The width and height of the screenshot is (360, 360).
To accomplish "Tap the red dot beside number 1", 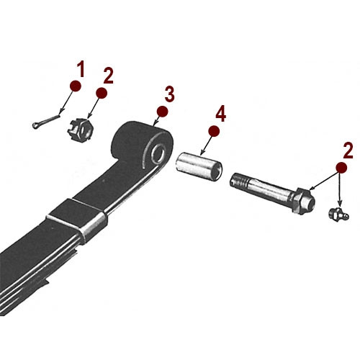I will [x=74, y=86].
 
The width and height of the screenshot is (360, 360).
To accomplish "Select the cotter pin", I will [x=50, y=119].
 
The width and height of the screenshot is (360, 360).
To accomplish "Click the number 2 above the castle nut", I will [x=109, y=76].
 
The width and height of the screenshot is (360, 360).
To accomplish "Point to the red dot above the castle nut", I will [x=101, y=93].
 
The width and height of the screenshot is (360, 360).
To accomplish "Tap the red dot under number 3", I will [x=163, y=111].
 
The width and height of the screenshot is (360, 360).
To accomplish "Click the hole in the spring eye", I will [x=156, y=153].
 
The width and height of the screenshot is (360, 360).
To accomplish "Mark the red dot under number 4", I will [x=214, y=130].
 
